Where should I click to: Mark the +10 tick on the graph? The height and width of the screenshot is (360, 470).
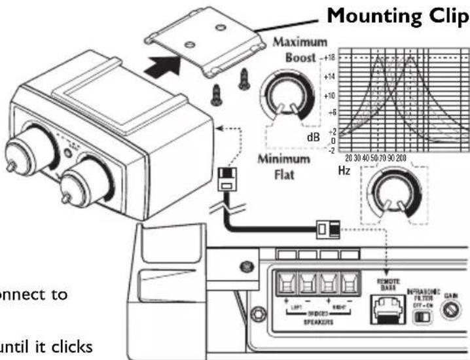[x=328, y=96]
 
